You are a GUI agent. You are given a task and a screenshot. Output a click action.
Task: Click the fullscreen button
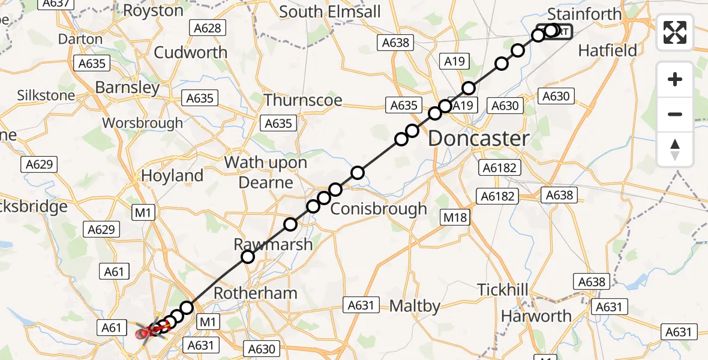tap(675, 32)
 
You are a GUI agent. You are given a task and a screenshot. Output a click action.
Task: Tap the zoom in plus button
tap(675, 80)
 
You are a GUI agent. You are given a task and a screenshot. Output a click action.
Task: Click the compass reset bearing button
tap(675, 150)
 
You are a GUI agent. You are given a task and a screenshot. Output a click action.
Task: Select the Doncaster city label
tap(479, 139)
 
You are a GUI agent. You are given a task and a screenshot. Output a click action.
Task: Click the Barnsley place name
tap(127, 88)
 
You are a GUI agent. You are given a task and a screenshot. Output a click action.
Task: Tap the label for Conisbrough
tap(379, 209)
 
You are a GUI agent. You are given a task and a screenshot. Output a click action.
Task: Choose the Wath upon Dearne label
tap(266, 172)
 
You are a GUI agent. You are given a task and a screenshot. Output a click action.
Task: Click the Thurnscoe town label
tap(303, 100)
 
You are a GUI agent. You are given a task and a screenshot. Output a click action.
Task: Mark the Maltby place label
tap(415, 306)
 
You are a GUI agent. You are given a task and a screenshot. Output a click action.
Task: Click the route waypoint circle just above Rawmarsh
tap(248, 257)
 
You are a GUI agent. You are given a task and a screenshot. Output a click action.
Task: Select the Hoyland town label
tap(172, 176)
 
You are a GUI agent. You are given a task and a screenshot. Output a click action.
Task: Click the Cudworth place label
tap(191, 52)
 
